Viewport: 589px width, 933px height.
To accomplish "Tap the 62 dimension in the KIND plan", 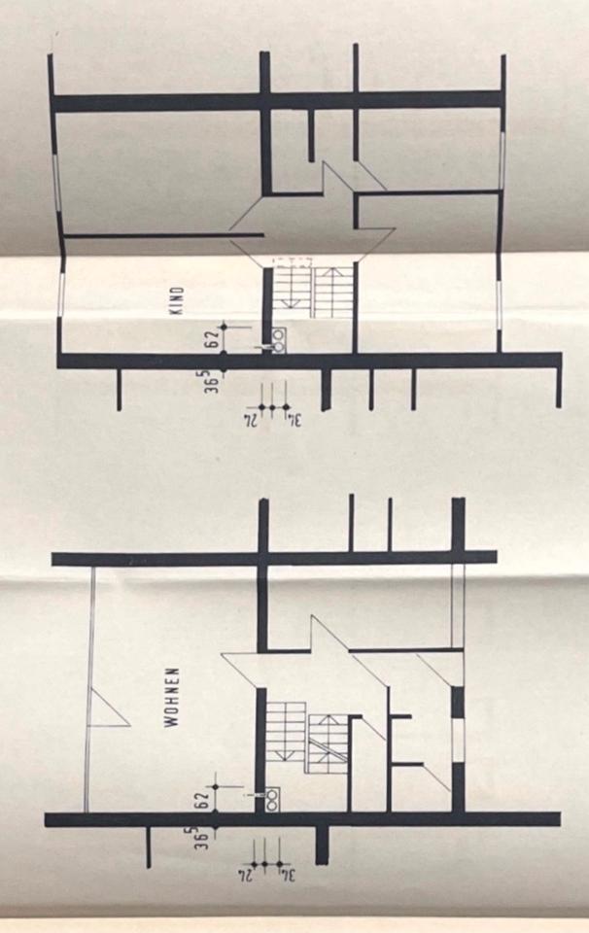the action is [x=208, y=340].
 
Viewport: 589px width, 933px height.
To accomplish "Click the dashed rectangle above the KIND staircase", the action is [x=312, y=261].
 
